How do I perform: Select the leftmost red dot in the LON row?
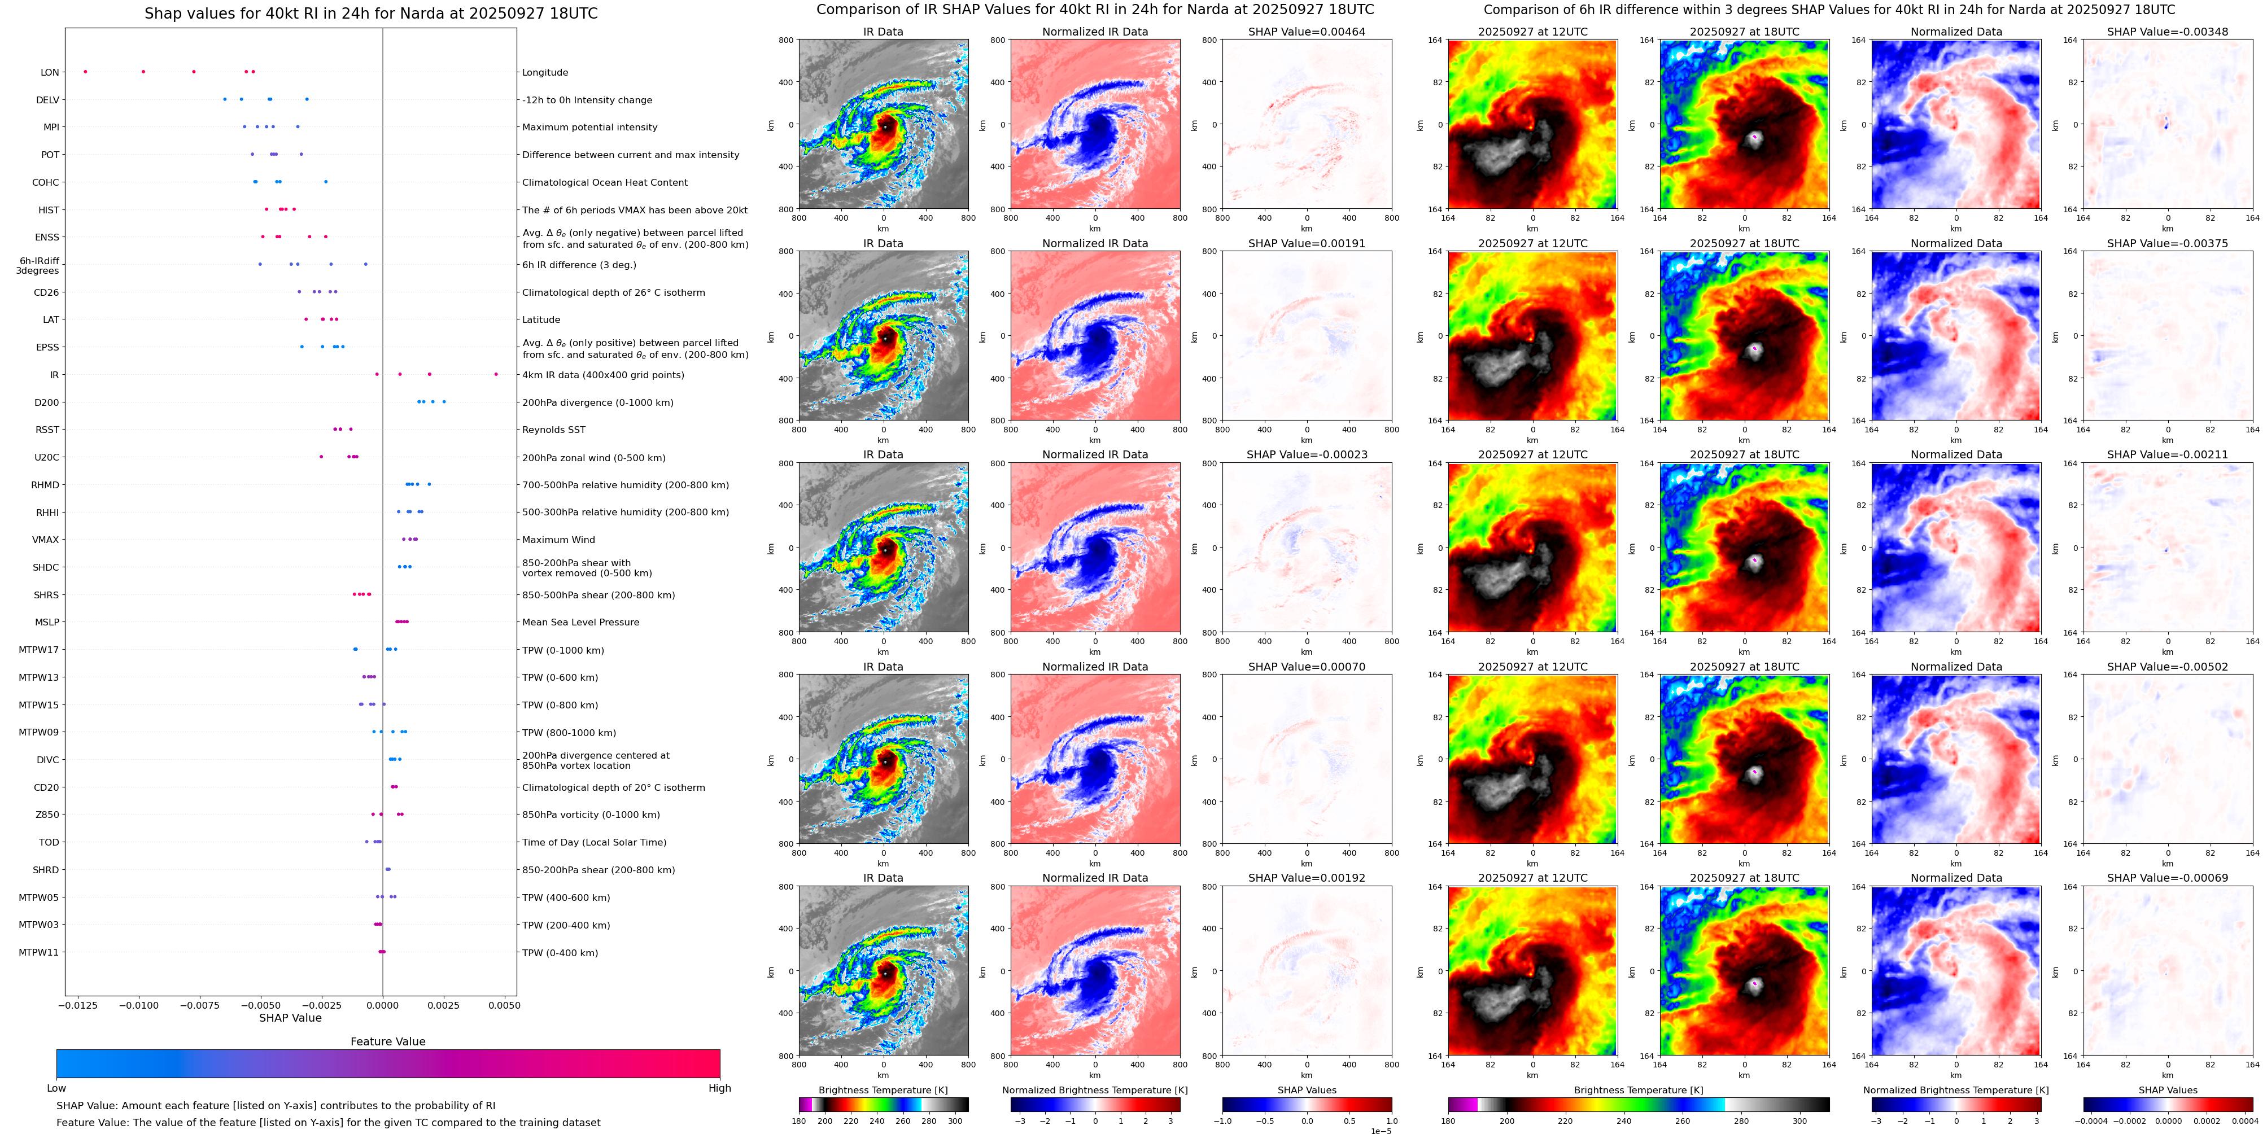coord(85,71)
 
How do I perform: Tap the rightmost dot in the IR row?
coord(496,374)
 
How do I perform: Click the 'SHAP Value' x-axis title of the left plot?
coord(290,1018)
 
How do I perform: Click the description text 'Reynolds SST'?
coord(553,430)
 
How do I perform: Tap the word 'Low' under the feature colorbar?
coord(56,1088)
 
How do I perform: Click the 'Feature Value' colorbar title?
coord(387,1041)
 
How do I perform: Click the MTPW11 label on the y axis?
coord(39,952)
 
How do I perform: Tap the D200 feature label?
coord(47,402)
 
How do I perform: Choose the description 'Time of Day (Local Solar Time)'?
coord(594,842)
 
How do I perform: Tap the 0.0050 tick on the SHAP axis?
coord(504,1005)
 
